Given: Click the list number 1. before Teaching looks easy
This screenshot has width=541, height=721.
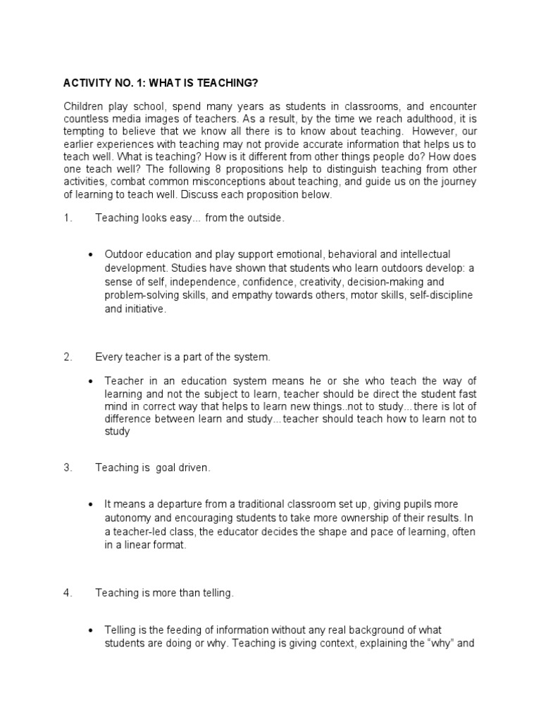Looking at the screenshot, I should tap(68, 219).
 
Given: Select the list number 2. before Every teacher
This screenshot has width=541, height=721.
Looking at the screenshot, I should tap(68, 358).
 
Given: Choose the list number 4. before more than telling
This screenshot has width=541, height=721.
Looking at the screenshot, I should tap(68, 594).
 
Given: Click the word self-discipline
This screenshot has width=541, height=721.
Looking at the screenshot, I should tap(444, 296).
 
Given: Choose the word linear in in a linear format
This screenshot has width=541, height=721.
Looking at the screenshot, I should tap(140, 544).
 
